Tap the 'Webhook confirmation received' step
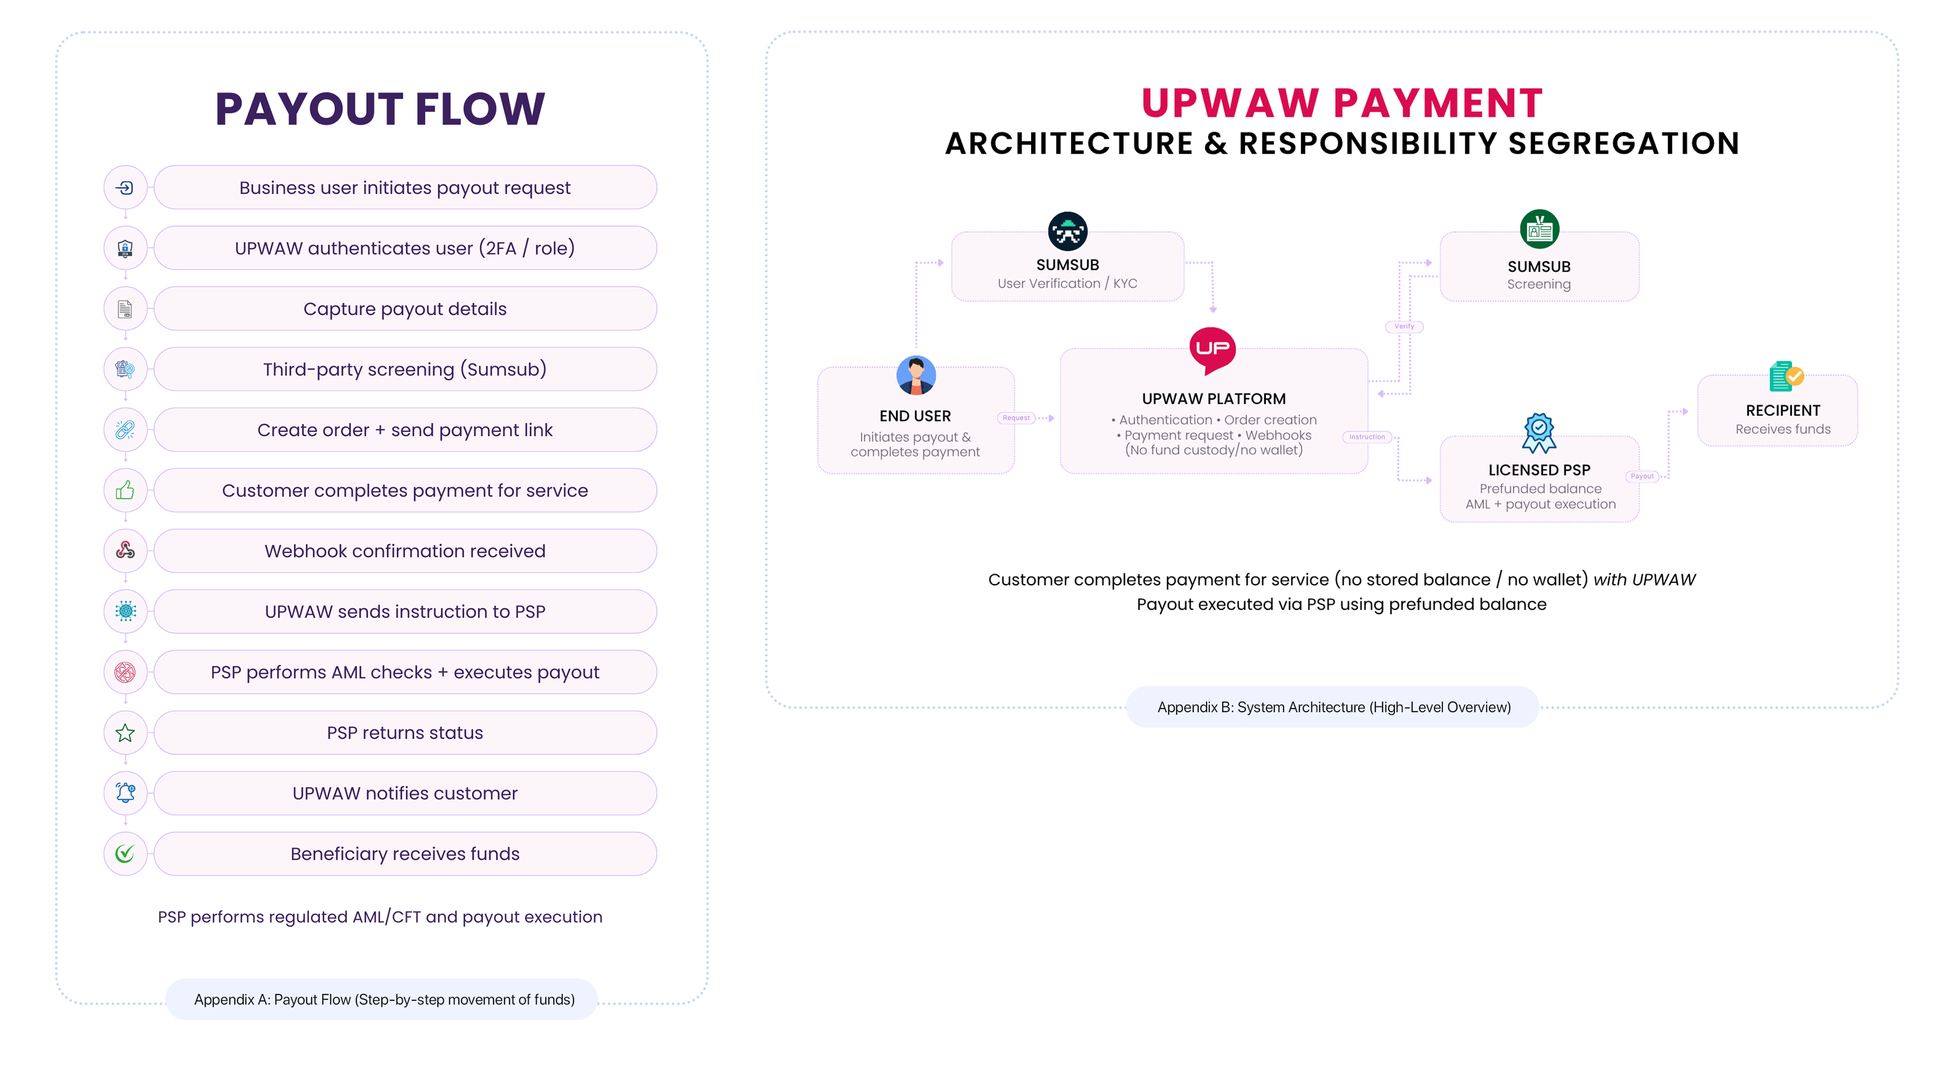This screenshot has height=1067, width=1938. point(405,551)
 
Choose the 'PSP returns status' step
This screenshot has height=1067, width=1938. point(405,733)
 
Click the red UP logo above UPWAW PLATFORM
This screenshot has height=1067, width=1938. point(1212,349)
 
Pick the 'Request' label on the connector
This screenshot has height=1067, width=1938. point(1016,418)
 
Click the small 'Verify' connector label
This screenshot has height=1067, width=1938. point(1404,327)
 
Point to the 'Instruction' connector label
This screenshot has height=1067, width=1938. point(1366,436)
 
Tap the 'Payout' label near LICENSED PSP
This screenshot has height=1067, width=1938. point(1641,476)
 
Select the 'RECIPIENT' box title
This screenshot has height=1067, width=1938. point(1782,410)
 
